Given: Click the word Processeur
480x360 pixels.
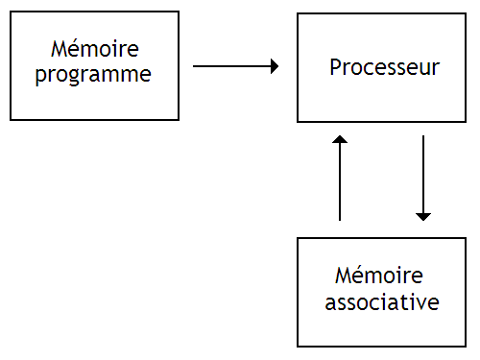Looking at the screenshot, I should [384, 68].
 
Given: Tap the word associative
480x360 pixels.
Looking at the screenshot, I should [382, 303].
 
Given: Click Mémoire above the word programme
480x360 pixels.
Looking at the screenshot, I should [94, 49].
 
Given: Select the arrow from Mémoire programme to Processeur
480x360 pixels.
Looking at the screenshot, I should [236, 66].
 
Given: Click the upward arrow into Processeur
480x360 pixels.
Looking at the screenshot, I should [340, 179].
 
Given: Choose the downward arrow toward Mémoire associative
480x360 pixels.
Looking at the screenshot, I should [423, 179].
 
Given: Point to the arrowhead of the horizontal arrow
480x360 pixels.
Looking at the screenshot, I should [275, 66].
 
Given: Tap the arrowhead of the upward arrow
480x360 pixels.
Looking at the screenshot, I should [340, 140].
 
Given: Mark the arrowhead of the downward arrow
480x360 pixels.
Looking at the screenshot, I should [423, 216].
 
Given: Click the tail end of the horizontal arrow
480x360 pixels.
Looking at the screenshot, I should [195, 66].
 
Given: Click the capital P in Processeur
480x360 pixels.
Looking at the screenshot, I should [335, 68].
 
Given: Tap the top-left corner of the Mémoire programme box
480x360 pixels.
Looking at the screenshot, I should [11, 12].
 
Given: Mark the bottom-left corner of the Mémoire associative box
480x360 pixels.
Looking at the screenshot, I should [298, 346].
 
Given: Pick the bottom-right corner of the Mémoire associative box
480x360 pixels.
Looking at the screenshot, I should [468, 346].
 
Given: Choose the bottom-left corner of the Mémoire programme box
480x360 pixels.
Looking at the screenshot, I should [11, 119].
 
